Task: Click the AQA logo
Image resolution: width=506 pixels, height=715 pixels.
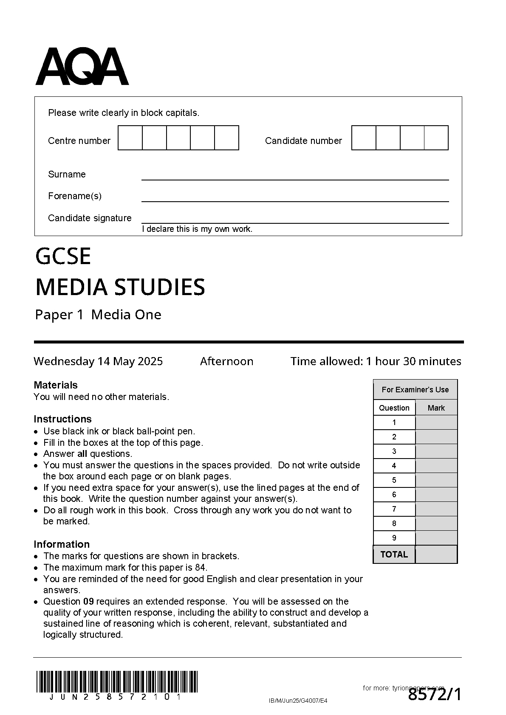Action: coord(82,67)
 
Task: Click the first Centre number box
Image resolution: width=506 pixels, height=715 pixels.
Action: coord(130,138)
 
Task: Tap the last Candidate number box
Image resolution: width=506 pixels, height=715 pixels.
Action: coord(436,138)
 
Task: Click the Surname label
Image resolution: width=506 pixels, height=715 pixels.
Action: coord(67,175)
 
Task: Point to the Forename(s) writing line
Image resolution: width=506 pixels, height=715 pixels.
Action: coord(295,201)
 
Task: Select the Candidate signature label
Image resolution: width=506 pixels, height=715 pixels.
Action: coord(90,218)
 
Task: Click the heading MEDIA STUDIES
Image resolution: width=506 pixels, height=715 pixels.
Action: coord(120,287)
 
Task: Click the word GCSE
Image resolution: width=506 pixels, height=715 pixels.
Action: coord(63,256)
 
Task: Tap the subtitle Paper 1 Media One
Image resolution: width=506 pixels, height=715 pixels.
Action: coord(98,315)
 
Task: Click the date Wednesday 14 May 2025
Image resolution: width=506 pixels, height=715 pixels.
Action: coord(98,361)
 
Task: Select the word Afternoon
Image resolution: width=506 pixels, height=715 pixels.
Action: coord(226,361)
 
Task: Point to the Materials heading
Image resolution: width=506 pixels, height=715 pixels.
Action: coord(56,385)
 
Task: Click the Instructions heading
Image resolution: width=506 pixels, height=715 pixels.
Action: coord(62,419)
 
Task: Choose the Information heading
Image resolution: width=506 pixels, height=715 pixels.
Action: coord(62,544)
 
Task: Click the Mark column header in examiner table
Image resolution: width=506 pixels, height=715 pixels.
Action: coord(436,408)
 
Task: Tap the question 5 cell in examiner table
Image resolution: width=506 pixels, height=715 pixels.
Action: coord(394,480)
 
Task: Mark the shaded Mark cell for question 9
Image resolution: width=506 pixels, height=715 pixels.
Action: coord(436,538)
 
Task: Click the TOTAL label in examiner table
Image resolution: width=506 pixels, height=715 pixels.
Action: coord(394,555)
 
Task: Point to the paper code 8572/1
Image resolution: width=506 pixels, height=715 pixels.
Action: coord(434,695)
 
